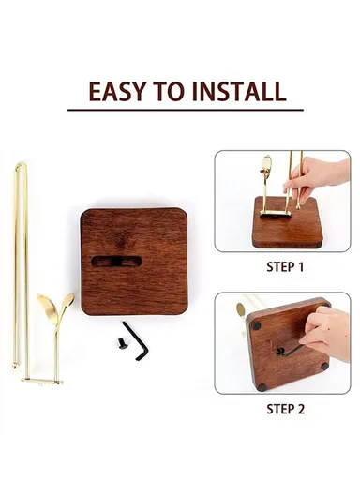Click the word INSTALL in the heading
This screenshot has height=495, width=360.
(240, 92)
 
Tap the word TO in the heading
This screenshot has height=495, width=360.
(172, 92)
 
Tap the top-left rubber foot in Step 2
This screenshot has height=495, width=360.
(257, 325)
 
